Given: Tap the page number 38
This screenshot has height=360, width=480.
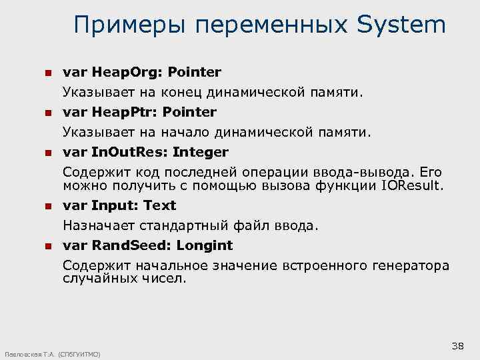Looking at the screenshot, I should (457, 345).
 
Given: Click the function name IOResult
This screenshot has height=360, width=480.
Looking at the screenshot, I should (412, 185).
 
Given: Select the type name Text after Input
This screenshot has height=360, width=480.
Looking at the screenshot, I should (159, 205).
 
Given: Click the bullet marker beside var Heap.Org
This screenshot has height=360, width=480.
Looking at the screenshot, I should (47, 72).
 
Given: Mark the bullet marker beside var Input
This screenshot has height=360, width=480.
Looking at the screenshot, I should (47, 206).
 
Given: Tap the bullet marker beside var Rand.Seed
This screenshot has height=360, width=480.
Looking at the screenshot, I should (47, 246).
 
